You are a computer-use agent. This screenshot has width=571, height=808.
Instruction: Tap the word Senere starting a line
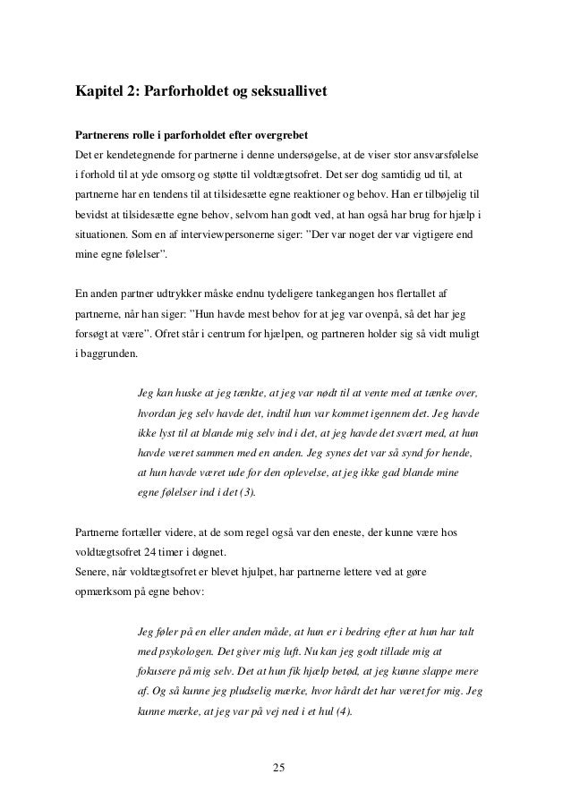pyautogui.click(x=91, y=572)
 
